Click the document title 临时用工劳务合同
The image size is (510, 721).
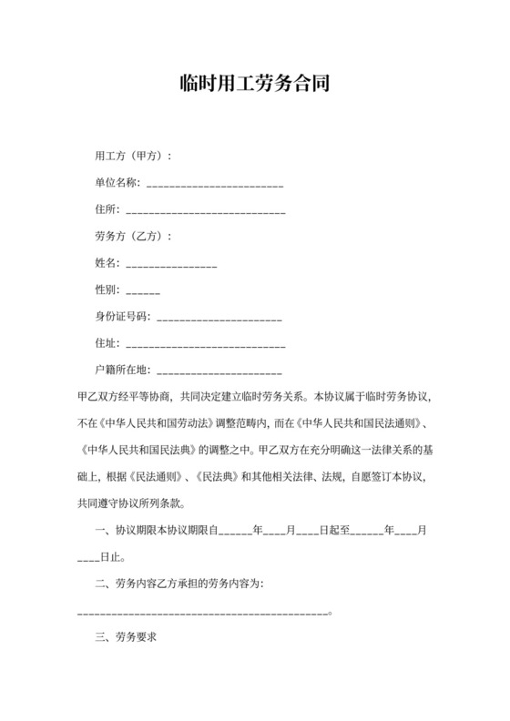(x=254, y=85)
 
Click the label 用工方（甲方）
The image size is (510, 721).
(x=133, y=156)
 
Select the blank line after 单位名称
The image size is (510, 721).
(x=215, y=185)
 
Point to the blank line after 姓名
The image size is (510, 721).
(x=170, y=265)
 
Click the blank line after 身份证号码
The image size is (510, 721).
(x=219, y=320)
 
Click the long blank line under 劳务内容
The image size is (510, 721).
(x=203, y=613)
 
